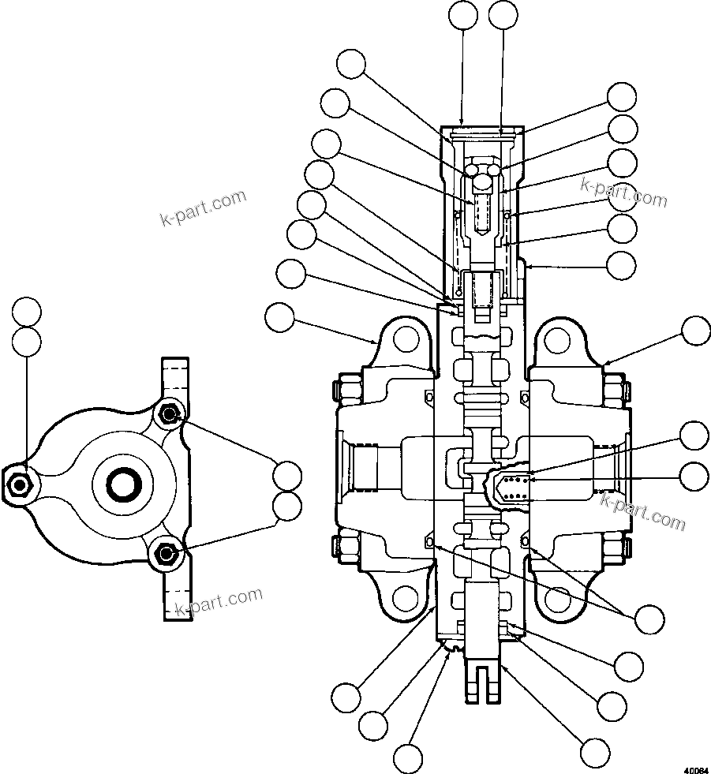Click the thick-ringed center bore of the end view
point(122,484)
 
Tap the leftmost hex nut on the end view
point(17,482)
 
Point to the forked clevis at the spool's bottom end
point(481,679)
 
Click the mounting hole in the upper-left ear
point(406,340)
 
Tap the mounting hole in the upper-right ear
point(557,340)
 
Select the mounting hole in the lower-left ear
point(406,600)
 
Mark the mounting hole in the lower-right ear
point(557,600)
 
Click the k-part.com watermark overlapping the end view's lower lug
point(219,602)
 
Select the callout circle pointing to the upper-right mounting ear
point(695,331)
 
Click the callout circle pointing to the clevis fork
point(594,751)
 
